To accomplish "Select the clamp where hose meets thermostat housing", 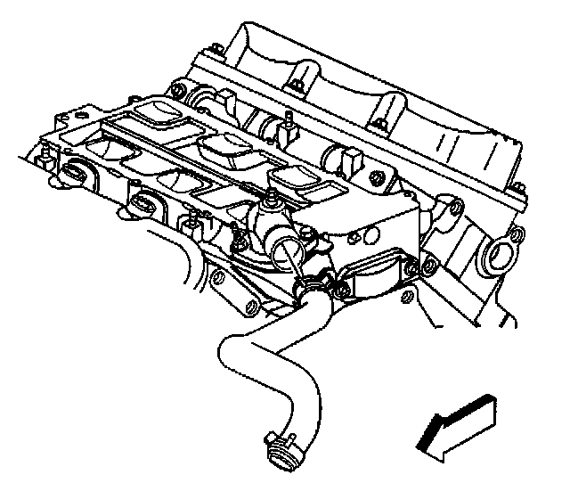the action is click(x=309, y=285).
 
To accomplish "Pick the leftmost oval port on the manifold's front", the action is click(x=76, y=172).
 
